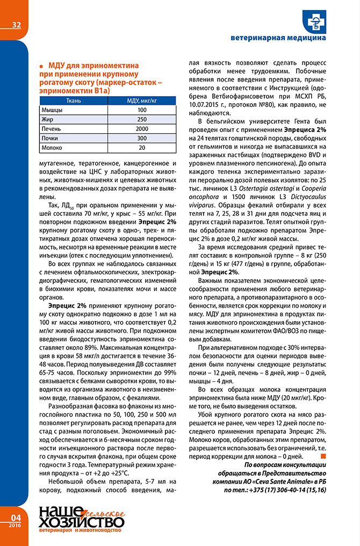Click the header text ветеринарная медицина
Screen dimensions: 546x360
click(278, 39)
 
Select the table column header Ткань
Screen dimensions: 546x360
click(74, 100)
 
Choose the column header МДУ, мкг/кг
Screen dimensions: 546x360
click(141, 100)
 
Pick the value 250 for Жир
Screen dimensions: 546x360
click(141, 119)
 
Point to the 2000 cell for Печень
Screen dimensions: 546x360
click(141, 129)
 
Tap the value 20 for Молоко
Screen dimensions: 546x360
click(141, 147)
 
